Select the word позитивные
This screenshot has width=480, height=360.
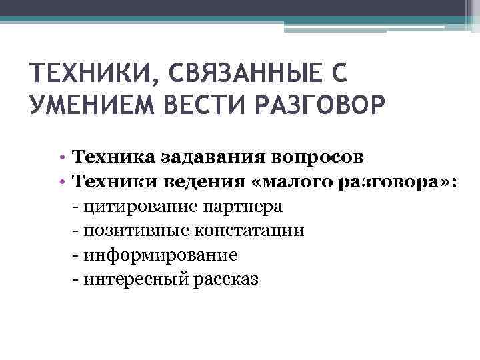[x=137, y=231]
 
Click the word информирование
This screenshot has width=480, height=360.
[x=161, y=255]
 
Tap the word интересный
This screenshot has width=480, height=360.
[x=136, y=279]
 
